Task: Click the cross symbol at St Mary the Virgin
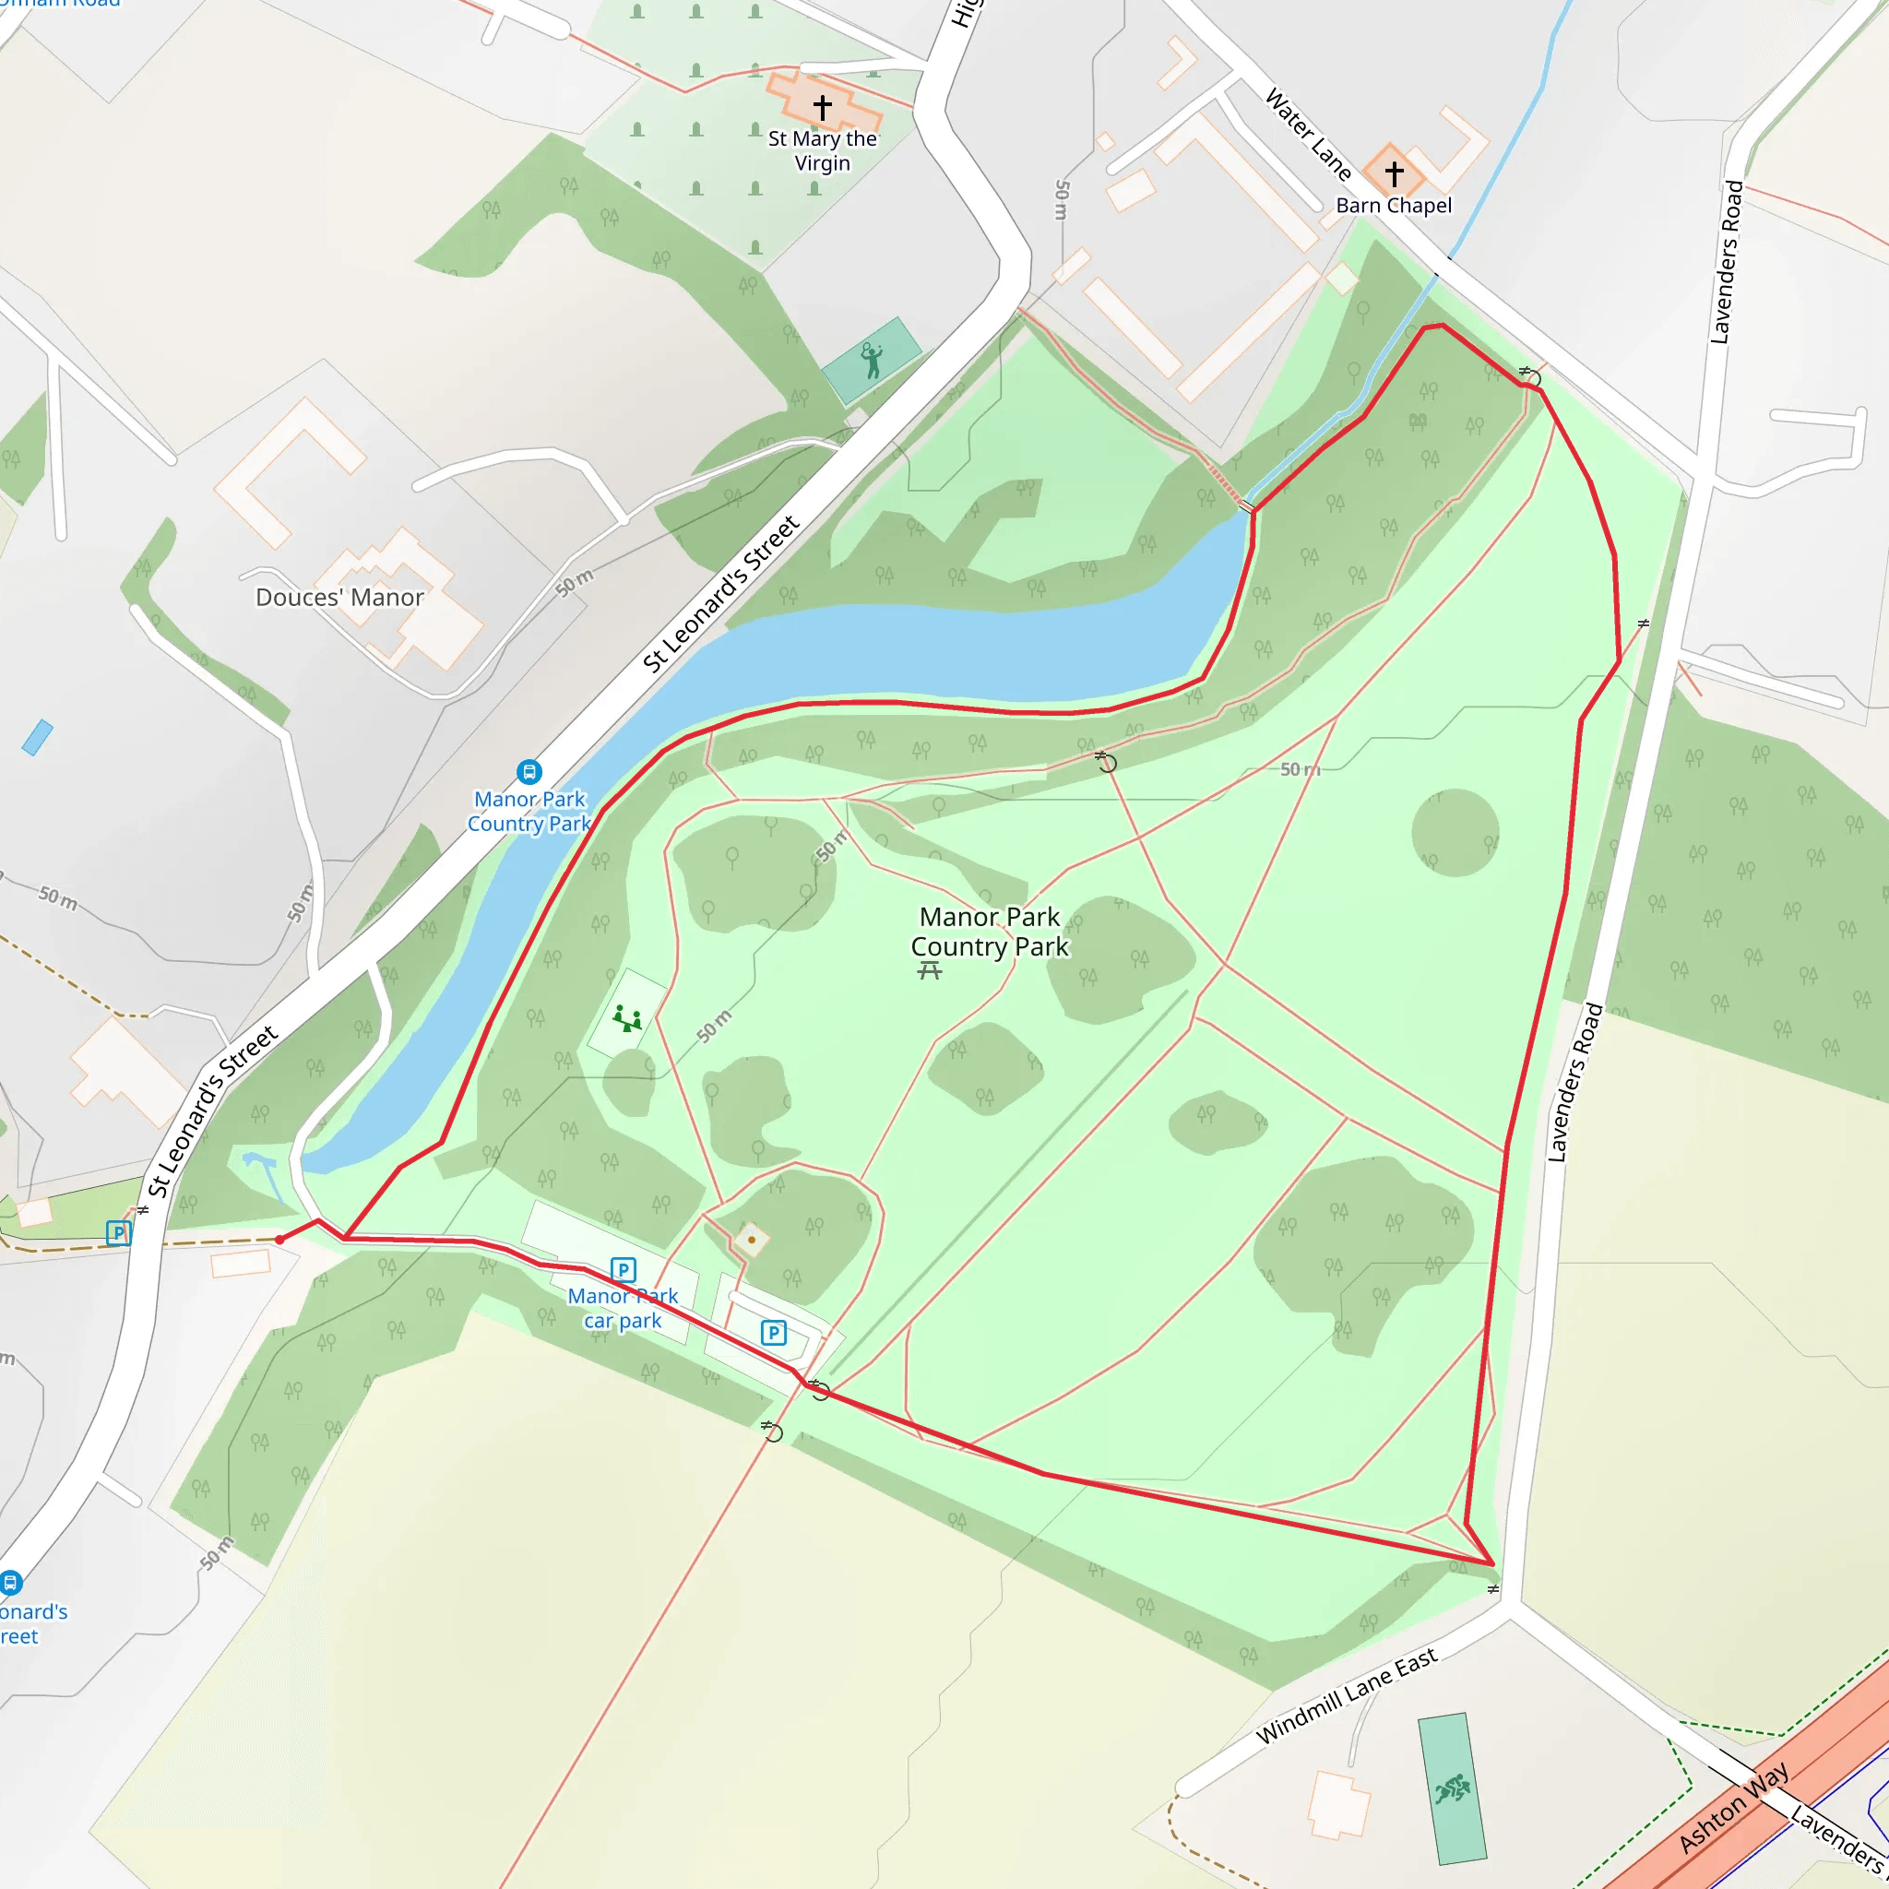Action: pyautogui.click(x=822, y=107)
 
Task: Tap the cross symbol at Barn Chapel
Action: pyautogui.click(x=1395, y=173)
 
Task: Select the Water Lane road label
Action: pyautogui.click(x=1308, y=135)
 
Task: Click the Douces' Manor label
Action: pyautogui.click(x=339, y=598)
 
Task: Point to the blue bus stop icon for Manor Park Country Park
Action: pyautogui.click(x=529, y=772)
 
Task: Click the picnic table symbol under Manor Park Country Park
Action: pyautogui.click(x=930, y=970)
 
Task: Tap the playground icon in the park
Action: pyautogui.click(x=626, y=1019)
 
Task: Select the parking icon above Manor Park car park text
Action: pyautogui.click(x=623, y=1269)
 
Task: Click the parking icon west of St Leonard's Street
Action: pyautogui.click(x=118, y=1233)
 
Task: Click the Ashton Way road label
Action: pyautogui.click(x=1732, y=1807)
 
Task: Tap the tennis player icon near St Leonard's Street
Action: pyautogui.click(x=871, y=360)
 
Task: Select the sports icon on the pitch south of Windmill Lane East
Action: pyautogui.click(x=1453, y=1788)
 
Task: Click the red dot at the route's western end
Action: pyautogui.click(x=279, y=1240)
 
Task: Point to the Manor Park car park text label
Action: pyautogui.click(x=623, y=1308)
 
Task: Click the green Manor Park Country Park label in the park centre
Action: pyautogui.click(x=990, y=931)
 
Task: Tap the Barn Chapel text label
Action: pyautogui.click(x=1394, y=206)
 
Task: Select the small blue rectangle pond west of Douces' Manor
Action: pyautogui.click(x=37, y=737)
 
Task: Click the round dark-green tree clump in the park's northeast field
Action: pyautogui.click(x=1455, y=832)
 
